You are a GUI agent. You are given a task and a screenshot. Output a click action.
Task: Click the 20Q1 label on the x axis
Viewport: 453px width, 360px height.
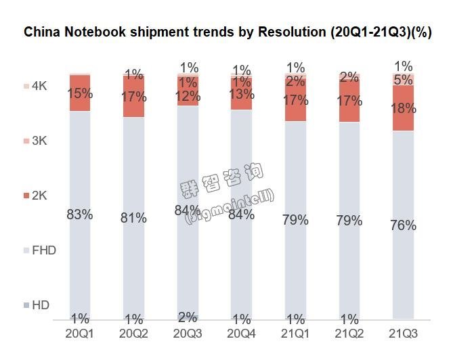[79, 334]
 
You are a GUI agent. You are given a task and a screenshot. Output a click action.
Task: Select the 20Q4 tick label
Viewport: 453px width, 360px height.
[241, 334]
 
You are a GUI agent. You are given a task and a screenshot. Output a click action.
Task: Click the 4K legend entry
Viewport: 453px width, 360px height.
[37, 87]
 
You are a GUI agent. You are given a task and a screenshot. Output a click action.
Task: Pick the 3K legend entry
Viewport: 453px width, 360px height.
[37, 141]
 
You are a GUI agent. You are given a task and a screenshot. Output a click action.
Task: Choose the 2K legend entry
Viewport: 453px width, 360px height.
[37, 196]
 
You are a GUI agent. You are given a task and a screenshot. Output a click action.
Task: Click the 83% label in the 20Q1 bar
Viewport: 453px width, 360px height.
[79, 215]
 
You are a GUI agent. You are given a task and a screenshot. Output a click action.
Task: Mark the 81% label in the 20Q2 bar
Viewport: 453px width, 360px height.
[133, 218]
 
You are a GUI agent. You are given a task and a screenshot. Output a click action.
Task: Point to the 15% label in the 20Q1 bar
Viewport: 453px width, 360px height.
[79, 94]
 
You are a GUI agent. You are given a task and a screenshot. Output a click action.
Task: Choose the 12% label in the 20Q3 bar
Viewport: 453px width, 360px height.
[188, 96]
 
